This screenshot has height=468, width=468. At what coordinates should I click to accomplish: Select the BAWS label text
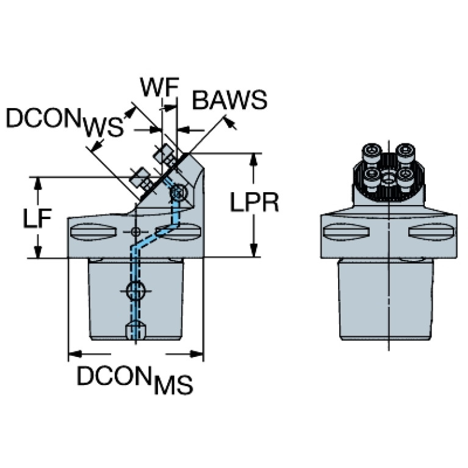click(229, 100)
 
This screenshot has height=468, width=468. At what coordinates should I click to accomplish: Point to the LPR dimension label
click(254, 202)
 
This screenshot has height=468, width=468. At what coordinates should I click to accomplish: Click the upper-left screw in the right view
click(372, 151)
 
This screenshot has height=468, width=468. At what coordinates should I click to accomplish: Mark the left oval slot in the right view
click(345, 231)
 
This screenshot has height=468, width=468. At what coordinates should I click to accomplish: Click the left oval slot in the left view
click(90, 231)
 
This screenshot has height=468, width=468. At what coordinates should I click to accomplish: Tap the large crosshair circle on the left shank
click(135, 291)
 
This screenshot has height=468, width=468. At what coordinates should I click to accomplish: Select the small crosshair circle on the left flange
click(135, 232)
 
